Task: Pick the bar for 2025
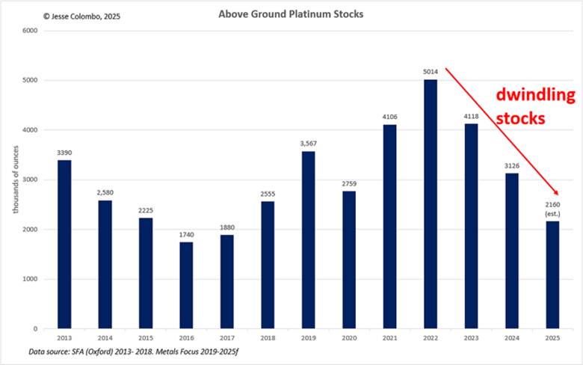coord(552,274)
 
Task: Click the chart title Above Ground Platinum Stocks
coord(291,14)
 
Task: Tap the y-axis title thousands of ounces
coord(16,180)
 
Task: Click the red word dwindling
coord(537,96)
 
